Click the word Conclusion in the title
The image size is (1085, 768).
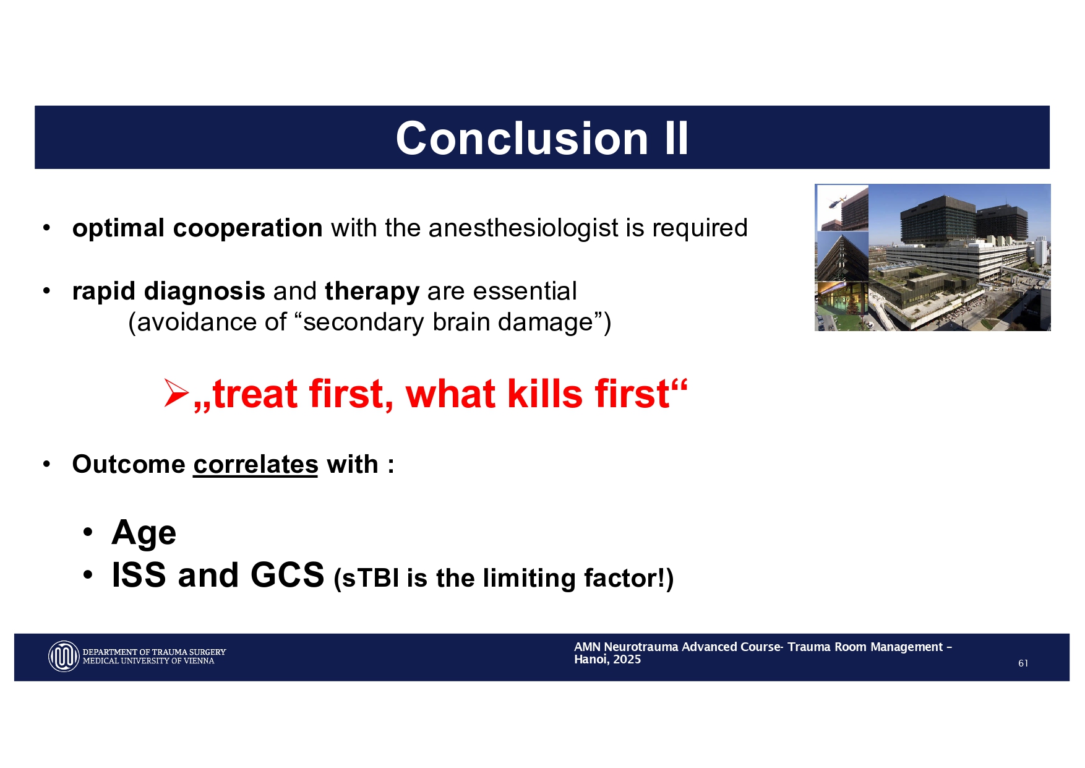coord(521,138)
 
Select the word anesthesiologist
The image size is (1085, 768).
coord(523,228)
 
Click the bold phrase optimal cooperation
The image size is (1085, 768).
coord(197,228)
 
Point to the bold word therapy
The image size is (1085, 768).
coord(372,291)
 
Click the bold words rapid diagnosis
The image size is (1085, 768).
coord(168,291)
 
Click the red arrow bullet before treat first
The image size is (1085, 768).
coord(176,393)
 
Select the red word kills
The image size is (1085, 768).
coord(544,394)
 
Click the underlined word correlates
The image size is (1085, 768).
coord(255,465)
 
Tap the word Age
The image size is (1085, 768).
coord(144,533)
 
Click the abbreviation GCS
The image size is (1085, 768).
coord(287,575)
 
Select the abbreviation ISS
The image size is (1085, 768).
coord(139,575)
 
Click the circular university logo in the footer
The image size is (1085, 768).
coord(64,657)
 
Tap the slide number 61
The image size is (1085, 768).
coord(1023,663)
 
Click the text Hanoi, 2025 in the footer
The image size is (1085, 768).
coord(607,660)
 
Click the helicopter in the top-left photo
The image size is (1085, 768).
coord(838,201)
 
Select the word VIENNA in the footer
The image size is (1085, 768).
coord(200,661)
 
